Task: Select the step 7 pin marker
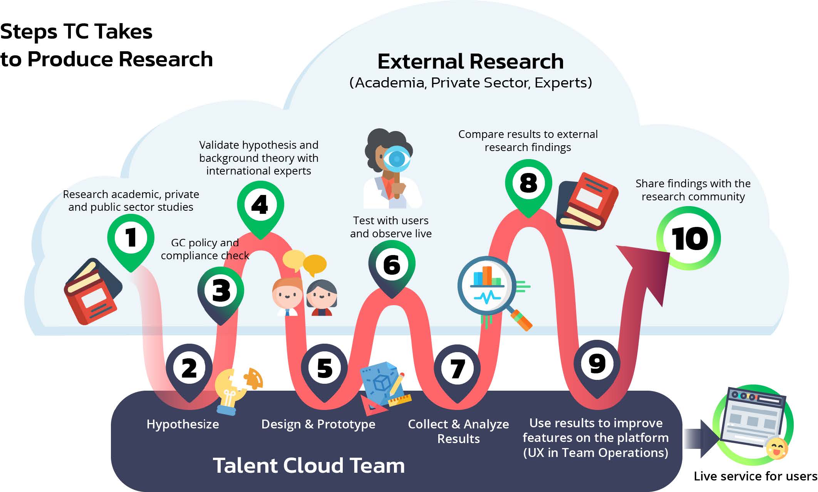pyautogui.click(x=457, y=369)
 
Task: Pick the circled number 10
pyautogui.click(x=689, y=238)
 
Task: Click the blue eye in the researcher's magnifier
pyautogui.click(x=397, y=158)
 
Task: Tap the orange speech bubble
pyautogui.click(x=315, y=264)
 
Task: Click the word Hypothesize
pyautogui.click(x=183, y=424)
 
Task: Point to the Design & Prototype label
pyautogui.click(x=318, y=424)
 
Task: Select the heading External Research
pyautogui.click(x=470, y=61)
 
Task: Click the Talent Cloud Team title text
pyautogui.click(x=308, y=465)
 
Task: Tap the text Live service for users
pyautogui.click(x=755, y=476)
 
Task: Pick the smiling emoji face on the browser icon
pyautogui.click(x=776, y=448)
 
